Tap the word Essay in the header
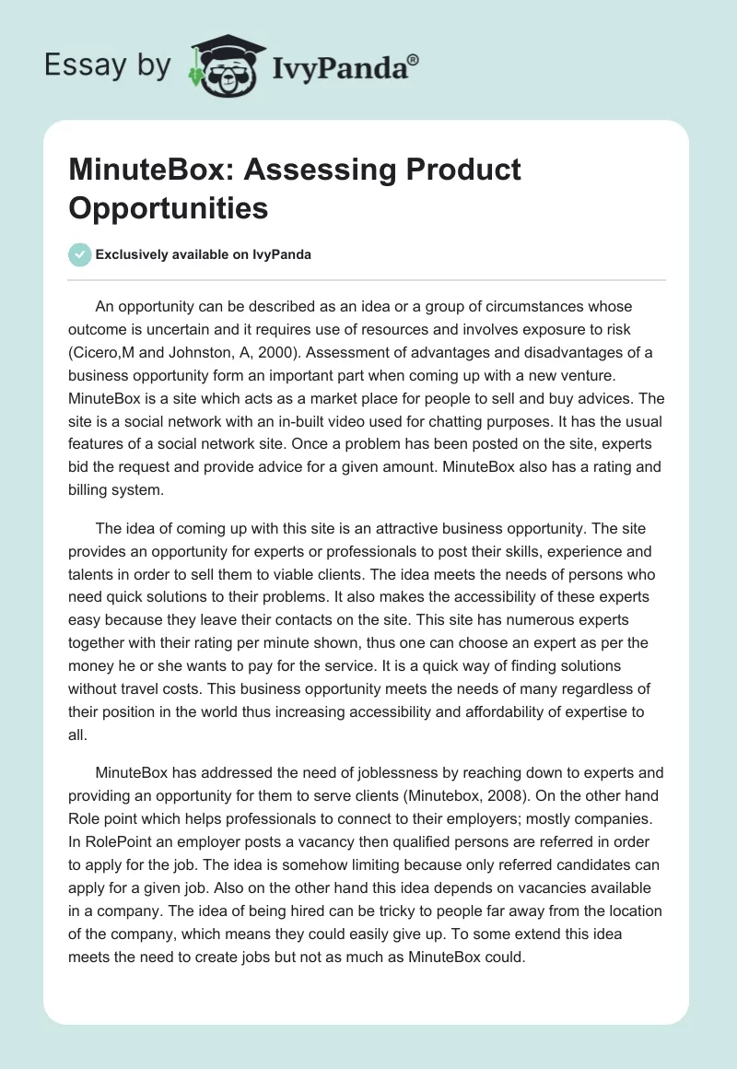pyautogui.click(x=80, y=65)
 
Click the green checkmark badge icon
pyautogui.click(x=80, y=254)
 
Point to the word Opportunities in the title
pyautogui.click(x=169, y=208)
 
